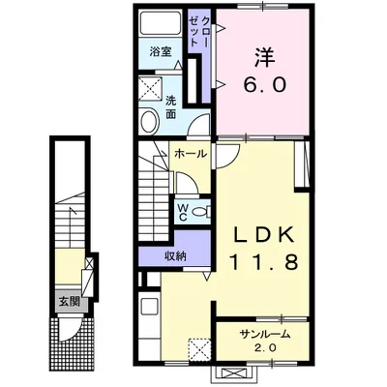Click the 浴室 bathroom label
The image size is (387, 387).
(161, 51)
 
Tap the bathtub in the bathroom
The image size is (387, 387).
(161, 23)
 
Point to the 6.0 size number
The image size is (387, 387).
(264, 85)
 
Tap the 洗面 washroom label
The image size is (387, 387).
(170, 107)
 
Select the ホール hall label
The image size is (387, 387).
(191, 154)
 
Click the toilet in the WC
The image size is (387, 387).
(201, 212)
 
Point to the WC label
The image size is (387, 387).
(183, 212)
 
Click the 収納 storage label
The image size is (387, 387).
(176, 255)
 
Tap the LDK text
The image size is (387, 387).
(264, 235)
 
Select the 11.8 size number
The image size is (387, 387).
(263, 261)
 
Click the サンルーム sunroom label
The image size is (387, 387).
(264, 335)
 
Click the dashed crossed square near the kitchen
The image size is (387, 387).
(199, 348)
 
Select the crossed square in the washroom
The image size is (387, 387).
(149, 89)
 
